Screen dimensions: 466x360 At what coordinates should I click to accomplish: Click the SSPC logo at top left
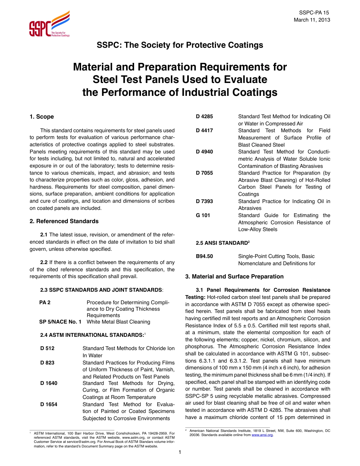point(49,24)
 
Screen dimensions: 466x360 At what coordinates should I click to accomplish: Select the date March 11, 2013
point(312,20)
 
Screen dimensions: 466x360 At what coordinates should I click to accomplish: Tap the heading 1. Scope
point(42,117)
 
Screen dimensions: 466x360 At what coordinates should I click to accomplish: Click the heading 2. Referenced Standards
point(64,221)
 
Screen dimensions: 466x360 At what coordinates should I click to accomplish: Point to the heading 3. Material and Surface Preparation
point(234,277)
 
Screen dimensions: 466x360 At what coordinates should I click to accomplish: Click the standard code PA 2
point(45,302)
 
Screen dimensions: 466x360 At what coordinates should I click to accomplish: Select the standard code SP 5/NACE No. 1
point(60,322)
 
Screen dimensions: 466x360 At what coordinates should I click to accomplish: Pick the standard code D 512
point(47,348)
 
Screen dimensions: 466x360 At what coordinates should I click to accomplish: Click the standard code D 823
point(47,363)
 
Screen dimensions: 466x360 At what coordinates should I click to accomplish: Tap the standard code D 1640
point(49,383)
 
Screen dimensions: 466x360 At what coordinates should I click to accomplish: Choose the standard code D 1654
point(49,404)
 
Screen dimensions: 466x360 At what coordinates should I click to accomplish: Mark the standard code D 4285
point(204,116)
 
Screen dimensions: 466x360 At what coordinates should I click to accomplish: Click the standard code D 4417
point(204,130)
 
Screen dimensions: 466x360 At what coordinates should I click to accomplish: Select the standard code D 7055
point(204,173)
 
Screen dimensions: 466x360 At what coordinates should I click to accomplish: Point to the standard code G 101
point(203,215)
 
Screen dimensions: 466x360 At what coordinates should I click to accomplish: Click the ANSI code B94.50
point(204,256)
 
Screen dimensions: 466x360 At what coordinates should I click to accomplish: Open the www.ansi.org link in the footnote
point(262,435)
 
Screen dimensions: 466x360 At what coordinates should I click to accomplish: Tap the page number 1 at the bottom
point(180,452)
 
